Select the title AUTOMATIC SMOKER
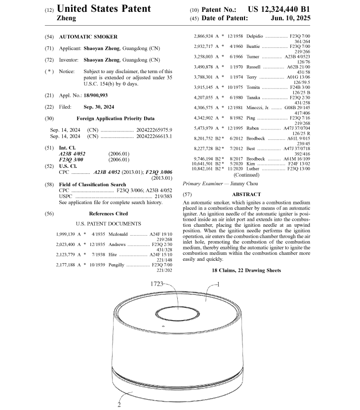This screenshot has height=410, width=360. tap(88, 37)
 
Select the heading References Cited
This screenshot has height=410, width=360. tap(108, 214)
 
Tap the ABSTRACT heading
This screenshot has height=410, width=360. tap(246, 195)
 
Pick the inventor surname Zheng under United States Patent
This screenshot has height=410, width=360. tap(67, 18)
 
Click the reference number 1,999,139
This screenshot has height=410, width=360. tap(66, 234)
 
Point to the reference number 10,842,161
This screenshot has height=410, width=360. tap(203, 168)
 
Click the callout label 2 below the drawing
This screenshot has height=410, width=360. tap(119, 404)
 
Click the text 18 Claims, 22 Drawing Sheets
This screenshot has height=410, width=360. tap(246, 271)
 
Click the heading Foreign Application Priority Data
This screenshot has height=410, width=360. tap(115, 119)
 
